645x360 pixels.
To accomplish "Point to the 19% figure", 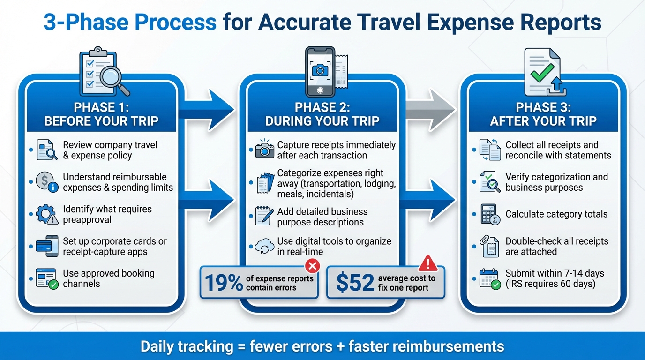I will tap(224, 283).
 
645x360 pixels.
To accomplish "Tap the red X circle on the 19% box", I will tap(312, 267).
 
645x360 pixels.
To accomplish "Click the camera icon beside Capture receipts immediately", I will tap(264, 150).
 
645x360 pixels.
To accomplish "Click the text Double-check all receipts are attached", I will tap(557, 246).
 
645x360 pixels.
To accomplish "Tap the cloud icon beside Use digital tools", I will tap(264, 246).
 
